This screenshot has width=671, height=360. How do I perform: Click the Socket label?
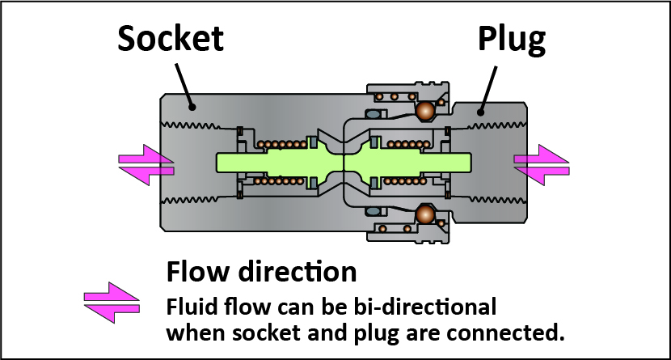click(171, 36)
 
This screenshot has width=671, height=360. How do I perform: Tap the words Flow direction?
click(260, 271)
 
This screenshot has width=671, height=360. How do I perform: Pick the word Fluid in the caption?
click(191, 308)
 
